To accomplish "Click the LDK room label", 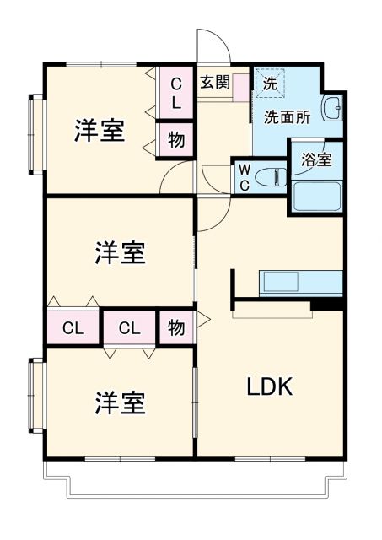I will click(x=269, y=387).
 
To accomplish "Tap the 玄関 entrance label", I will click(x=214, y=82).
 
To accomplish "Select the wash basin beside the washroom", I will click(x=333, y=108).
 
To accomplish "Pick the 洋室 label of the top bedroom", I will click(x=99, y=132).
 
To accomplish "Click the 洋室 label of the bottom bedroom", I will click(x=119, y=403).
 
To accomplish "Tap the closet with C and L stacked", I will click(x=176, y=93).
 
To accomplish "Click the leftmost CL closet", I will click(x=73, y=328).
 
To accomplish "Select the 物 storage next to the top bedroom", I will click(x=175, y=139).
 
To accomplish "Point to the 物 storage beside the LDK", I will click(x=175, y=327).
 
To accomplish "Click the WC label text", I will click(x=243, y=177).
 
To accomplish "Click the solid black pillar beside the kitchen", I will click(x=328, y=303).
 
